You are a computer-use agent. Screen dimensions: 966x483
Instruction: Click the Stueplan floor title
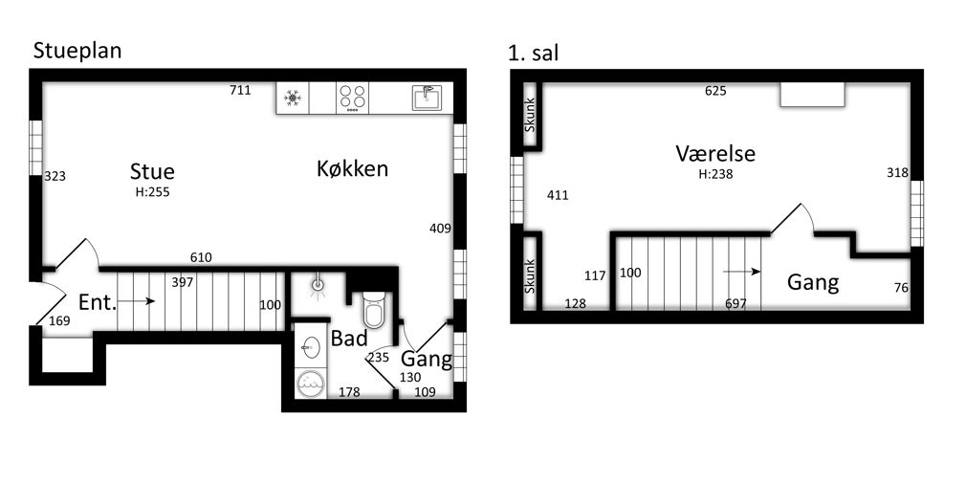(x=77, y=51)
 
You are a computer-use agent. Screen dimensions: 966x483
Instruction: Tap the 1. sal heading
(x=534, y=53)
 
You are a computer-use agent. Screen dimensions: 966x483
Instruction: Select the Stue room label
(x=152, y=170)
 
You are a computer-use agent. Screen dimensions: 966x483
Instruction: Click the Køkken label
(x=352, y=168)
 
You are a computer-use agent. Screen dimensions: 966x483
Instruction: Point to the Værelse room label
(x=715, y=153)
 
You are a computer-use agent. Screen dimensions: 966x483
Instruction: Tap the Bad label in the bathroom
(x=349, y=339)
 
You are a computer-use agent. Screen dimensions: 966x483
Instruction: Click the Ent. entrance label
(x=98, y=302)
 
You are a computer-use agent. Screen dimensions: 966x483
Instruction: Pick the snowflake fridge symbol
(x=292, y=98)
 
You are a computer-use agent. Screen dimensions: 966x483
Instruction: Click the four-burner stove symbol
(x=352, y=98)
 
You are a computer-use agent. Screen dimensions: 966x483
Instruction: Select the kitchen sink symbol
(x=428, y=98)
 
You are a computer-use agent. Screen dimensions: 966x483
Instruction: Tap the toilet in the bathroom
(x=373, y=309)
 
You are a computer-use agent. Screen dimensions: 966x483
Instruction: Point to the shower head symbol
(x=318, y=285)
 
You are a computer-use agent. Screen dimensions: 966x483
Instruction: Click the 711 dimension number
(x=240, y=91)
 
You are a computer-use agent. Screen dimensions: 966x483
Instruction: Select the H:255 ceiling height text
(x=152, y=191)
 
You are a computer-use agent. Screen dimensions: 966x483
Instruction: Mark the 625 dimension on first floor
(x=715, y=91)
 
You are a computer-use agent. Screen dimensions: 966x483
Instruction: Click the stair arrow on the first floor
(x=742, y=271)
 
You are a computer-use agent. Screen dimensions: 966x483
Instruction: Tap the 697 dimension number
(x=736, y=303)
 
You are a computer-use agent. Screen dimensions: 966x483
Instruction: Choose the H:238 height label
(x=715, y=174)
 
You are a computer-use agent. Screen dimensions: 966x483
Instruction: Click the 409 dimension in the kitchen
(x=441, y=229)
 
